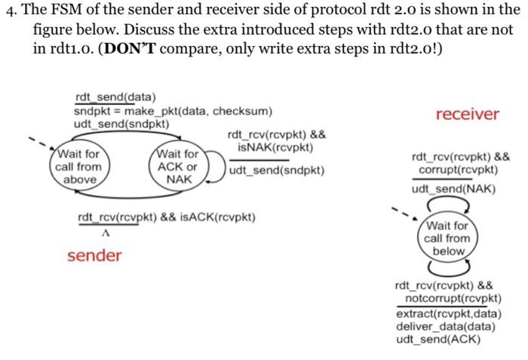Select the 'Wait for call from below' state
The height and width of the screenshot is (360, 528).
(447, 238)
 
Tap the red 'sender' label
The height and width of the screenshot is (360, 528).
(94, 256)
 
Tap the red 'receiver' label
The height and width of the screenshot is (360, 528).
(467, 114)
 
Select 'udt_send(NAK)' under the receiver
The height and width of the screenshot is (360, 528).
(453, 189)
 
